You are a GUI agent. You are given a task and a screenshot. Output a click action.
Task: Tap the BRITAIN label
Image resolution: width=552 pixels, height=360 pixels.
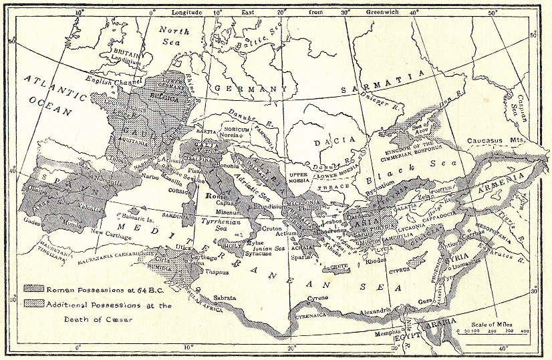pos(126,51)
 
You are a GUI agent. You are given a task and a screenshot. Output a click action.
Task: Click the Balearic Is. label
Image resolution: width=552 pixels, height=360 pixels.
pos(140,218)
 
